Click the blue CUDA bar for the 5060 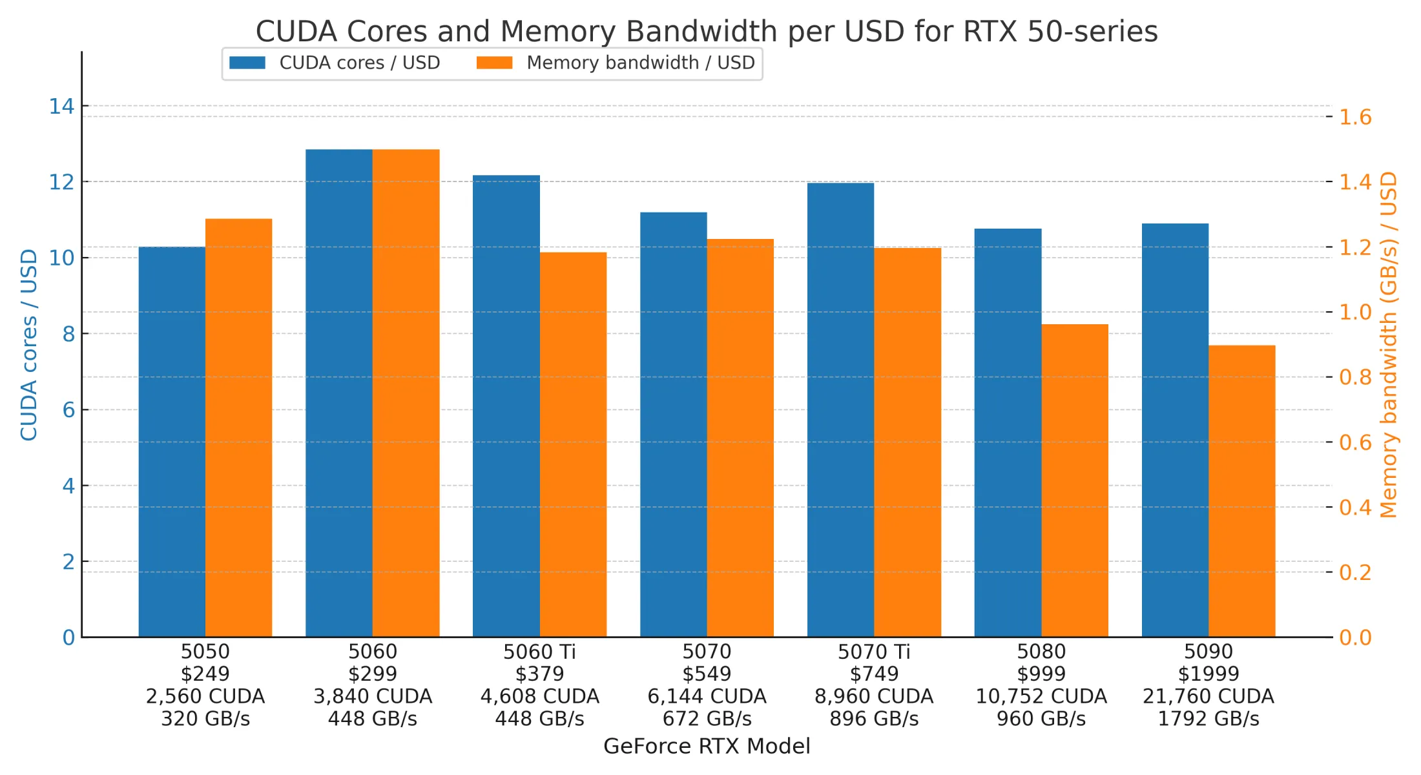[x=338, y=394]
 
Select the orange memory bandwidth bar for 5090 [x=1241, y=491]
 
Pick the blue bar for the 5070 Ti [x=840, y=410]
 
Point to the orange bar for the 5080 [x=1074, y=480]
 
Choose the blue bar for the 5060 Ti [x=506, y=406]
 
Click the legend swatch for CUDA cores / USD [x=247, y=63]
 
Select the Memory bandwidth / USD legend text [x=640, y=63]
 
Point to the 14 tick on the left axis [x=62, y=106]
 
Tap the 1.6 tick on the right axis [x=1354, y=117]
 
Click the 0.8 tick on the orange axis [x=1354, y=377]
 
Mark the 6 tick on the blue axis [x=68, y=409]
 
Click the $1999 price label [x=1208, y=674]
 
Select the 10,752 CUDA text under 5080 [x=1041, y=696]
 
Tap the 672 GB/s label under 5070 [x=707, y=718]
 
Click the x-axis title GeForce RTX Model [x=707, y=746]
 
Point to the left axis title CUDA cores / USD [x=29, y=345]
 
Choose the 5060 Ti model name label [x=539, y=652]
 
